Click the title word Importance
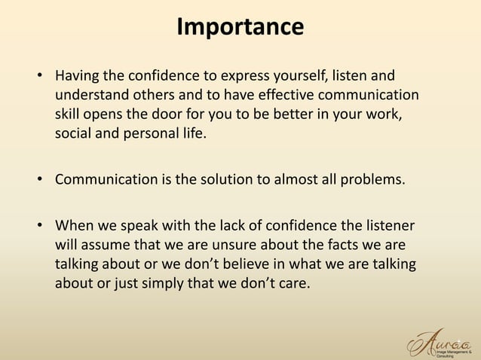tap(240, 27)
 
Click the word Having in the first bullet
tap(77, 78)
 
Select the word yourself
tap(294, 78)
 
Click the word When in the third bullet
tap(74, 225)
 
